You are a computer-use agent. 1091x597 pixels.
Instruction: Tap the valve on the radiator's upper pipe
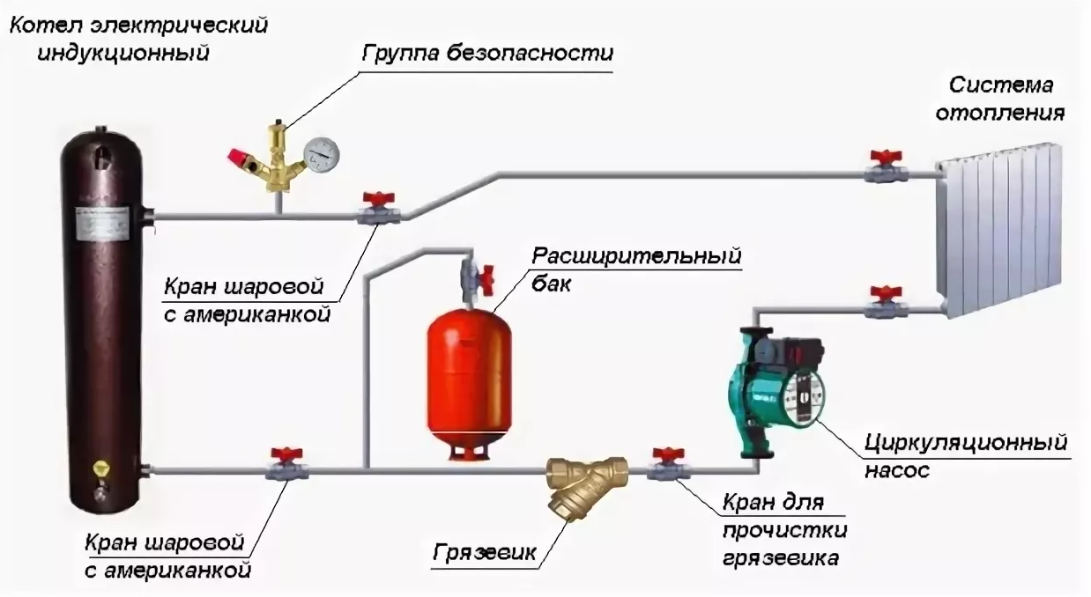881,167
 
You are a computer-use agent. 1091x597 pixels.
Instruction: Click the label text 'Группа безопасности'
487,52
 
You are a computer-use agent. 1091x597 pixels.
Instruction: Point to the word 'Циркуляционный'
966,440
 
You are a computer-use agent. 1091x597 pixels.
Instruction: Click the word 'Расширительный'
635,256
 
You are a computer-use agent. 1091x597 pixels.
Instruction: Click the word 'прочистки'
785,531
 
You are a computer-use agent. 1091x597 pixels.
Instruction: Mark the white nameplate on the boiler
101,224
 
